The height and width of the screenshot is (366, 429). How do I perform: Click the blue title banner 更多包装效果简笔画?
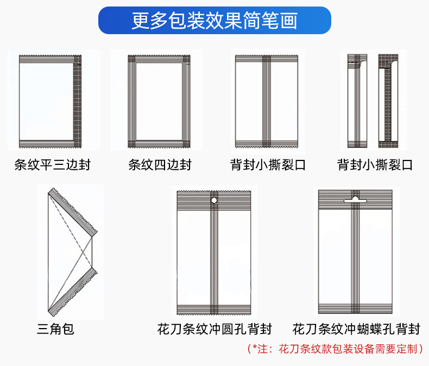click(x=214, y=21)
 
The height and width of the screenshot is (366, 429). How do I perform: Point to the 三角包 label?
click(x=55, y=329)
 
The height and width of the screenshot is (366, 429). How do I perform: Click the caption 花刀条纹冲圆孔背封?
click(x=214, y=329)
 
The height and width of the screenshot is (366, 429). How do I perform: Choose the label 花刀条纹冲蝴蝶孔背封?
click(x=356, y=329)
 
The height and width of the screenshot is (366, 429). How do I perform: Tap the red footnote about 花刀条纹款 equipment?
click(x=335, y=349)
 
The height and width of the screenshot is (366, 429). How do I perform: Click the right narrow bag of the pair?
click(x=388, y=101)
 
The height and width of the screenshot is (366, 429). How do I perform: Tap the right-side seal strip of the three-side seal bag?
click(x=77, y=101)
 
